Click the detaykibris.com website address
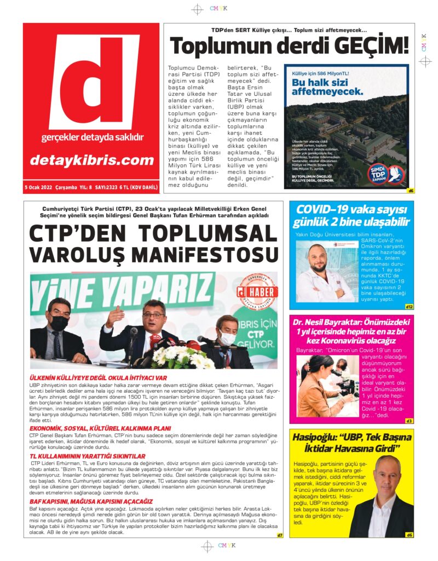coord(91,161)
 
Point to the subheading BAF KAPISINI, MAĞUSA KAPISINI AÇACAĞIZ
coord(91,501)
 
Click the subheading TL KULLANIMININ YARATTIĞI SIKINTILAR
coord(87,456)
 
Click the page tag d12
coord(409,307)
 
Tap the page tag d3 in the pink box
coord(410,421)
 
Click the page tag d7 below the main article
coord(279,535)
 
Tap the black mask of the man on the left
coord(59,324)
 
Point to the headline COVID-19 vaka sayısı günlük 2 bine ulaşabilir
coord(352,215)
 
